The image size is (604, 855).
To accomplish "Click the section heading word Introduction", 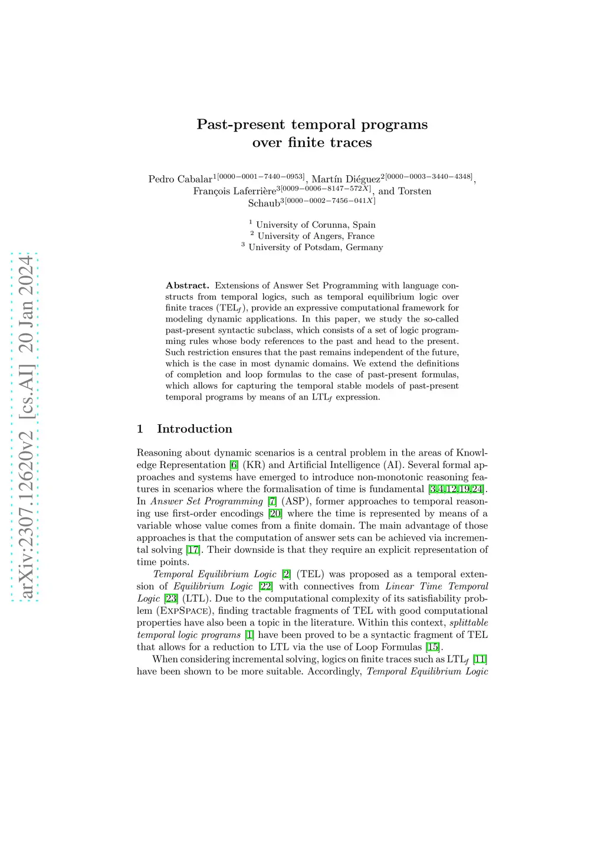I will [195, 429].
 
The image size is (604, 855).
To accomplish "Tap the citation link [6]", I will [234, 465].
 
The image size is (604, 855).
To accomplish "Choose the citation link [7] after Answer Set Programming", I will [272, 502].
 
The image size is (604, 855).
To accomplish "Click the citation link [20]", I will [275, 513].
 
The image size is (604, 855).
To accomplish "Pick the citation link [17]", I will [193, 550].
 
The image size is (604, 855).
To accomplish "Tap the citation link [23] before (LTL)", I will [171, 598].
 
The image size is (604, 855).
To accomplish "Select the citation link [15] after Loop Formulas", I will [433, 647].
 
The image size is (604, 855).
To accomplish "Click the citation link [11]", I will [481, 659].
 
